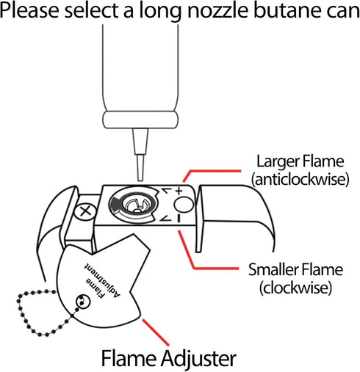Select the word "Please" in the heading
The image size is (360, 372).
(29, 10)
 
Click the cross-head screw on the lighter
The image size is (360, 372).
(85, 211)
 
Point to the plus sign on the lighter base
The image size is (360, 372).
(179, 191)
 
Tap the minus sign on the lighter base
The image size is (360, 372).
(179, 218)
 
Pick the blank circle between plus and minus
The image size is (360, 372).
(184, 205)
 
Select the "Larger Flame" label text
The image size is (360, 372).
(300, 161)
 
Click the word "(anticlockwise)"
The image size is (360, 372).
(300, 179)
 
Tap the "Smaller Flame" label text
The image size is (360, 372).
(295, 269)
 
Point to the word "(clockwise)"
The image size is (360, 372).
(295, 288)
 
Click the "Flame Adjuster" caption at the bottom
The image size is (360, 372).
(169, 358)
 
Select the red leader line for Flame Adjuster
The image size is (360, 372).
(156, 332)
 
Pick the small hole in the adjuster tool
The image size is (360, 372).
(83, 302)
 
